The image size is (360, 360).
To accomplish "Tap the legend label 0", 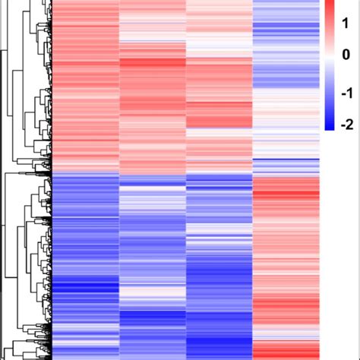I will [346, 54].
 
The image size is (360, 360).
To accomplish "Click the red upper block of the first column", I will [86, 84].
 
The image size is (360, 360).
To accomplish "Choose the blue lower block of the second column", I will [152, 251].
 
